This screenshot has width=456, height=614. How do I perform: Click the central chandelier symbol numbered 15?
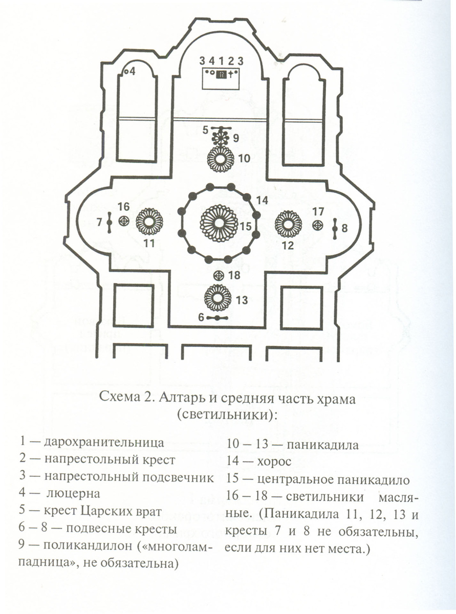219,223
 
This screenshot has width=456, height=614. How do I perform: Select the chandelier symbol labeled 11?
149,222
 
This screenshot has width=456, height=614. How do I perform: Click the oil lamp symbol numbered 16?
123,221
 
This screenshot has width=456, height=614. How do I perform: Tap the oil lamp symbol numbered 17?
318,225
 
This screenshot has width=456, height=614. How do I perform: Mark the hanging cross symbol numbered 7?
110,223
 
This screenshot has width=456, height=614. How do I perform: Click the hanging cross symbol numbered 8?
334,228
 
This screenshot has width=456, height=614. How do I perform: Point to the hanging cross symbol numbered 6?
220,318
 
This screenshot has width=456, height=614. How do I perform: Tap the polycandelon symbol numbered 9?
222,139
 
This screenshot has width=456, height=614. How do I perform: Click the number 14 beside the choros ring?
262,200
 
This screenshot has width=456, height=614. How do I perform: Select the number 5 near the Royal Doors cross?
205,130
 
